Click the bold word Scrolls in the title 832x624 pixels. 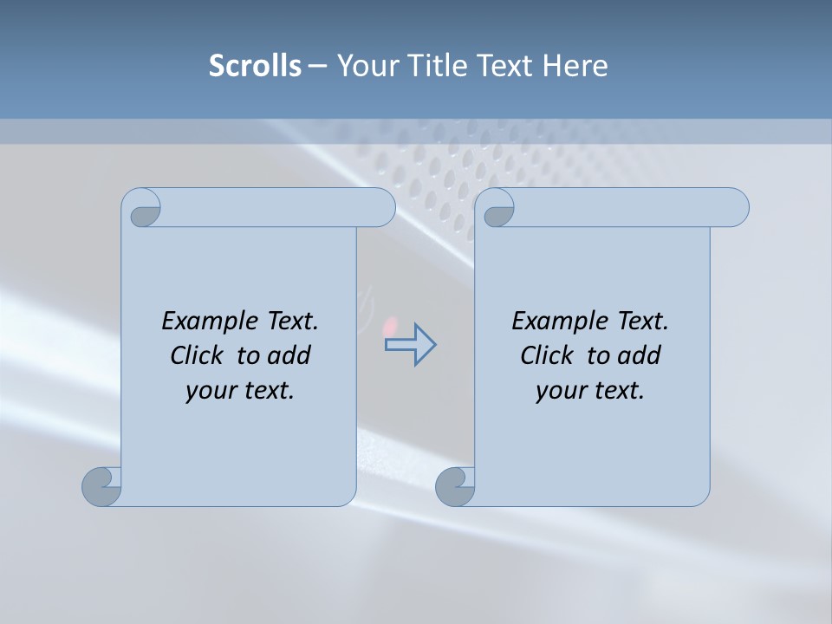pyautogui.click(x=255, y=66)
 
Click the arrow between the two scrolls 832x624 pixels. pyautogui.click(x=410, y=344)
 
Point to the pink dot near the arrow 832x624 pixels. pyautogui.click(x=391, y=326)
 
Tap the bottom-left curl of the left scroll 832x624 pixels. pyautogui.click(x=102, y=485)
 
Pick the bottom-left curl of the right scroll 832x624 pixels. pyautogui.click(x=456, y=485)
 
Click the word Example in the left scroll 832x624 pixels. pyautogui.click(x=211, y=321)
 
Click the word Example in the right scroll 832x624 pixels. pyautogui.click(x=561, y=321)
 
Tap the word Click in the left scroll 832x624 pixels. pyautogui.click(x=196, y=355)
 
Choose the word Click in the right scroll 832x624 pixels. pyautogui.click(x=546, y=355)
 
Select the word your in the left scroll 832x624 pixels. pyautogui.click(x=209, y=391)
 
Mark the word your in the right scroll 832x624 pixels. pyautogui.click(x=559, y=391)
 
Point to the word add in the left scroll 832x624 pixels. pyautogui.click(x=289, y=355)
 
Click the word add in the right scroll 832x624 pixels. pyautogui.click(x=640, y=355)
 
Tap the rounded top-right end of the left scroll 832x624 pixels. pyautogui.click(x=381, y=207)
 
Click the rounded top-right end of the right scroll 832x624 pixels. pyautogui.click(x=735, y=207)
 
